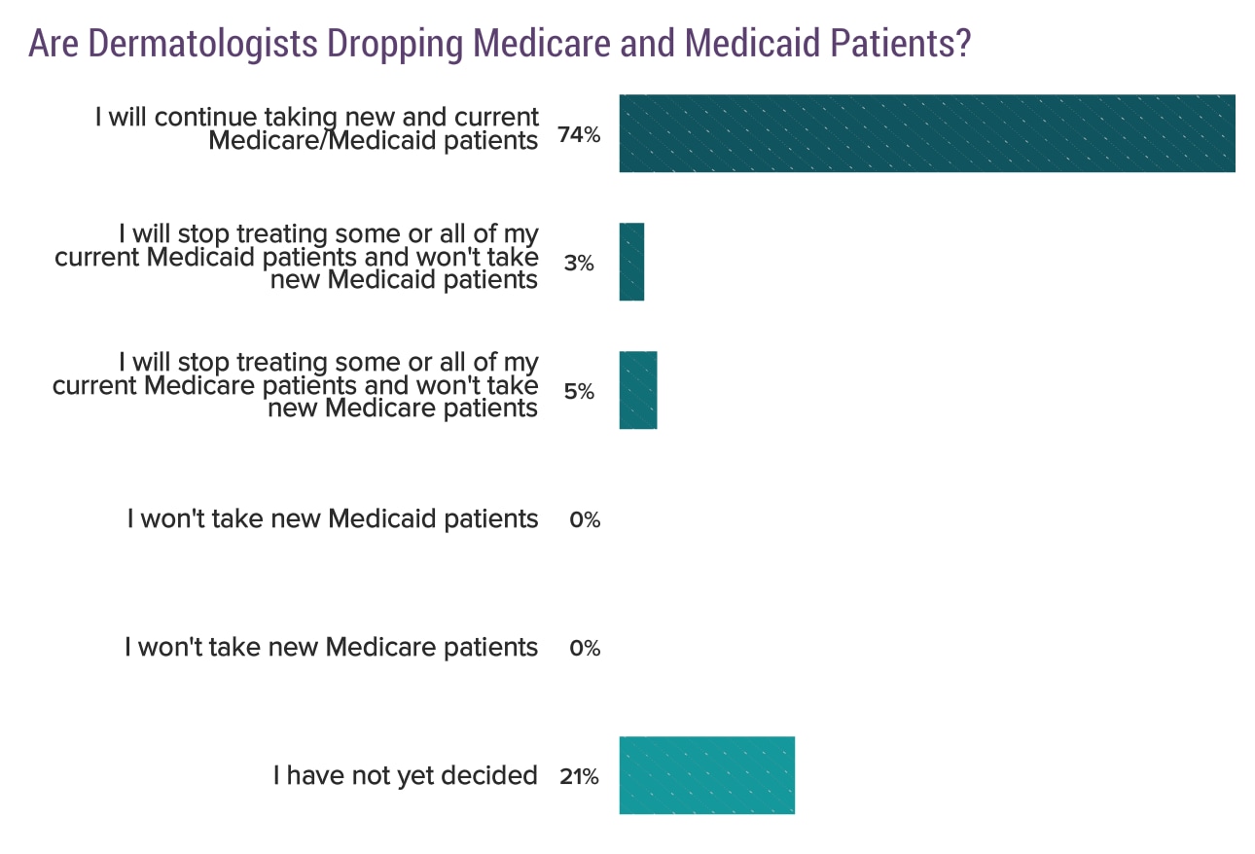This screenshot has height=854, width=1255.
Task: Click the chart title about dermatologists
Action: [499, 44]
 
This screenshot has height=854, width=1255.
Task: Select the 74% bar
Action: [927, 133]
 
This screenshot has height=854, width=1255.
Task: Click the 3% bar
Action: [631, 262]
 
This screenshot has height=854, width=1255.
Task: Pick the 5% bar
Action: [638, 390]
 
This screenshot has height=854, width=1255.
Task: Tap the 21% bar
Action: [707, 775]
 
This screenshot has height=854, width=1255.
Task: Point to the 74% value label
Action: [579, 135]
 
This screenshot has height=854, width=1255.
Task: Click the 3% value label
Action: [579, 264]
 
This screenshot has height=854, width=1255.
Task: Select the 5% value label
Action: [579, 392]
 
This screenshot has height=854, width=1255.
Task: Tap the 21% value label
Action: [579, 777]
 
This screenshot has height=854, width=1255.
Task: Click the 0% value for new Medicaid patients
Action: [585, 520]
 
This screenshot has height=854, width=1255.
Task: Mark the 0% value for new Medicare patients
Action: [585, 649]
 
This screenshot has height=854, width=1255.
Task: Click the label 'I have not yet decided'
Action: [405, 775]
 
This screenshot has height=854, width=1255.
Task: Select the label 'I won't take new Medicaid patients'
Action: [332, 518]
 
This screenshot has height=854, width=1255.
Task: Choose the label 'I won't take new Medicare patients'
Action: [331, 647]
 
